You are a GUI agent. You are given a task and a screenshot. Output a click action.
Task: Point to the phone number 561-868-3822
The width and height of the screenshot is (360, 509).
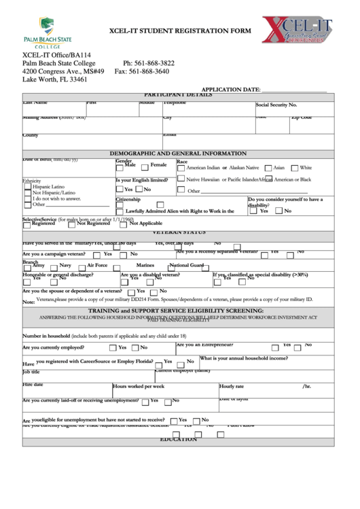click(149, 63)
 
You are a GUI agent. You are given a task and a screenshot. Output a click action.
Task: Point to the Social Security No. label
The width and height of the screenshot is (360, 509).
click(276, 105)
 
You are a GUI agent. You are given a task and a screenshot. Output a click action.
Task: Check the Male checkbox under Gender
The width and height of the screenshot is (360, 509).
click(120, 166)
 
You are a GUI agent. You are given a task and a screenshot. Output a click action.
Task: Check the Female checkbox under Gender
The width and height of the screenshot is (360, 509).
click(145, 166)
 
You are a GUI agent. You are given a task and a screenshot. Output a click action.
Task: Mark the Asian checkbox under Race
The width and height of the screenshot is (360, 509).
click(268, 167)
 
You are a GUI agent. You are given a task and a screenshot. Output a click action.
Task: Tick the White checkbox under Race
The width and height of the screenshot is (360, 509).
click(294, 167)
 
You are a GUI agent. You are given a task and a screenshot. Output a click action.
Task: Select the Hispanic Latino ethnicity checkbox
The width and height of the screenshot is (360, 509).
click(28, 186)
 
